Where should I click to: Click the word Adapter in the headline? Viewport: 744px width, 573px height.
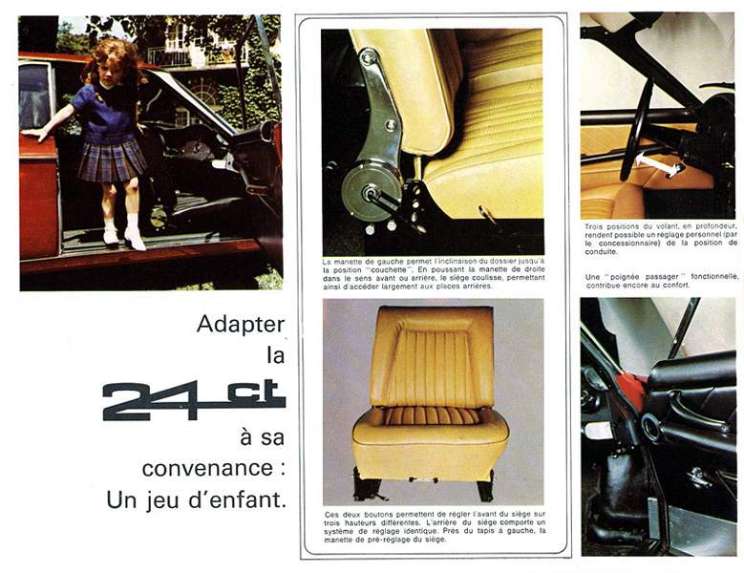[x=241, y=326]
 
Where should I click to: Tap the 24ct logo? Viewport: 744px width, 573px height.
[x=194, y=400]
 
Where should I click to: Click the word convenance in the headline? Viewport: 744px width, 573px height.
[x=207, y=469]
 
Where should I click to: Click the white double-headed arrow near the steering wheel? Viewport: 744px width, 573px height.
[x=659, y=164]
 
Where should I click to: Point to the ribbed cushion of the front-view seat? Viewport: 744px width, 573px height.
[x=431, y=416]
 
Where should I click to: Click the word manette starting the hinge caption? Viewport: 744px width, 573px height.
[x=349, y=262]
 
